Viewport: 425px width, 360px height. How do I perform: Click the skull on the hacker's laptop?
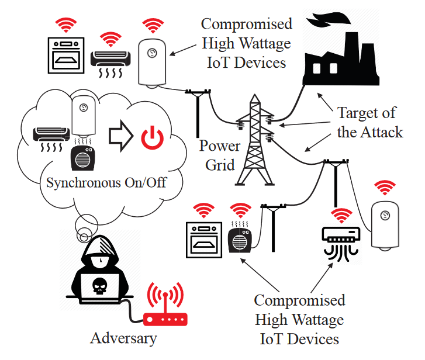(x=100, y=285)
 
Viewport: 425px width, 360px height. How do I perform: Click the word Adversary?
(x=123, y=338)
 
